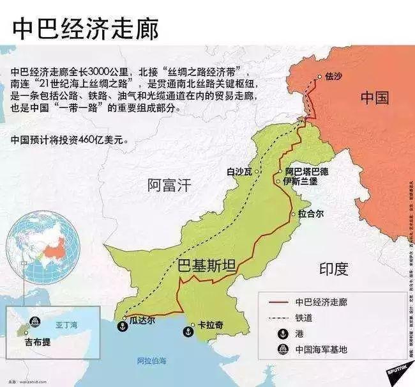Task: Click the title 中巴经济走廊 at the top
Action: pos(84,28)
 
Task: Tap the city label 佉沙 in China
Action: pos(334,76)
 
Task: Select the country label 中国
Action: pos(375,97)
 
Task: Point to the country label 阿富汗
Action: pos(169,186)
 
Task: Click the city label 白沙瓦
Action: pos(239,171)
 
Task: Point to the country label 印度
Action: pos(334,269)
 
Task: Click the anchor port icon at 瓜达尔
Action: pos(119,326)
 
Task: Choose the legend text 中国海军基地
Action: pos(321,349)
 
